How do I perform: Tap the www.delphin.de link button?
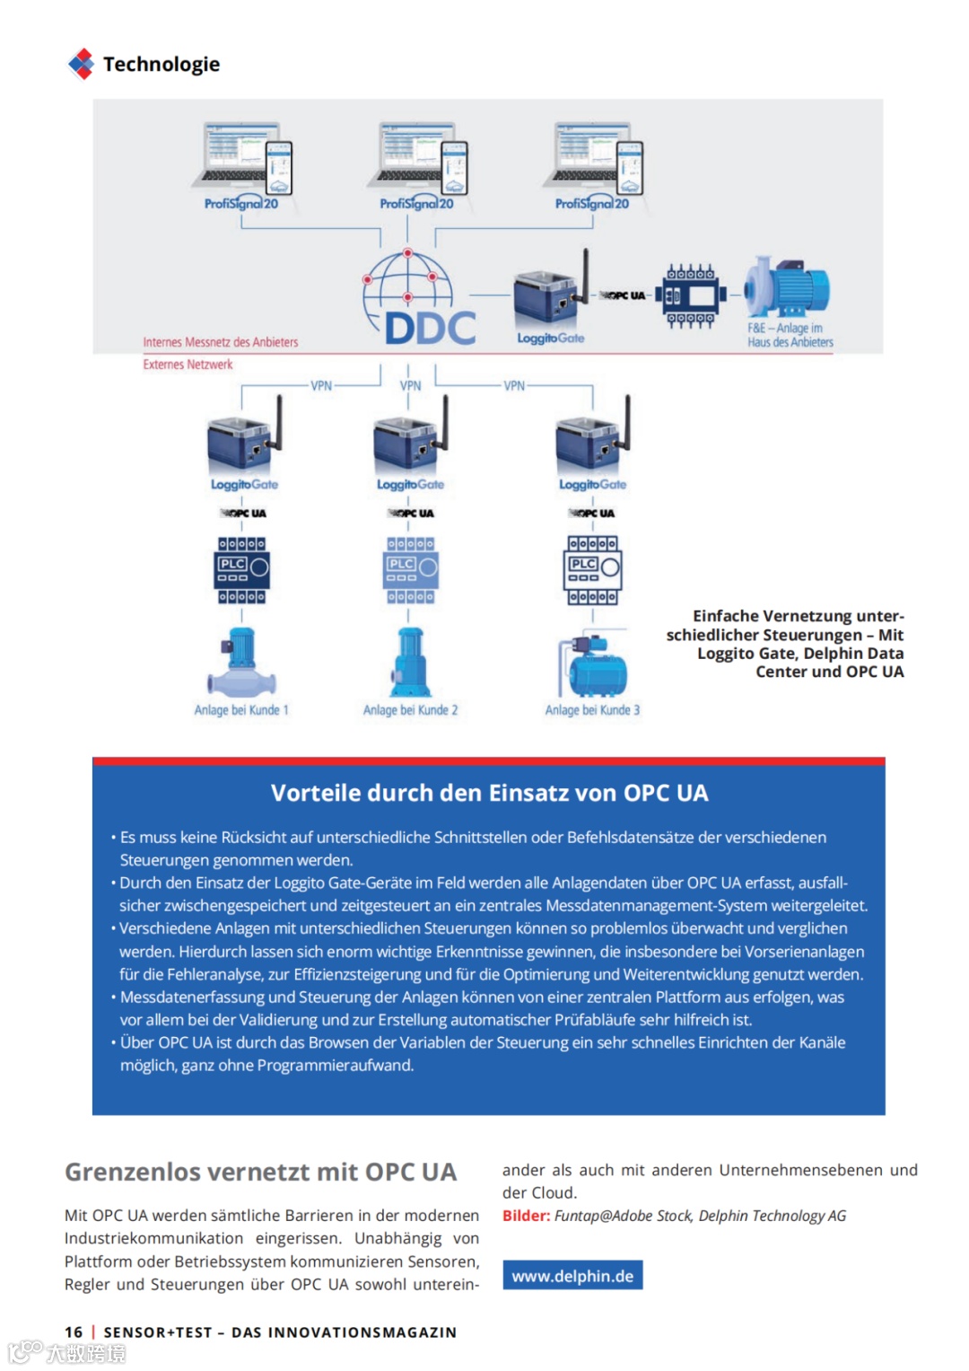[572, 1276]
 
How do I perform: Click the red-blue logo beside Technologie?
[81, 64]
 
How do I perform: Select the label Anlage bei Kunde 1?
[241, 710]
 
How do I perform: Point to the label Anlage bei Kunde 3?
[592, 710]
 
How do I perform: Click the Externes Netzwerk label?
[188, 365]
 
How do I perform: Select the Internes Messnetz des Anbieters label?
[221, 342]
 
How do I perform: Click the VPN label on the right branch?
[514, 386]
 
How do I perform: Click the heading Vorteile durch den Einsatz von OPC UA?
[489, 793]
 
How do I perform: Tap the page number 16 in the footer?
[74, 1332]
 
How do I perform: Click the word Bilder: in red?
[526, 1216]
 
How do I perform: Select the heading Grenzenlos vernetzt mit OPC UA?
[260, 1172]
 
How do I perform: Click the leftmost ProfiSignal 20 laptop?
[238, 155]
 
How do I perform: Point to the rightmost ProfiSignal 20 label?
[592, 204]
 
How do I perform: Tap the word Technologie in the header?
[161, 64]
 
